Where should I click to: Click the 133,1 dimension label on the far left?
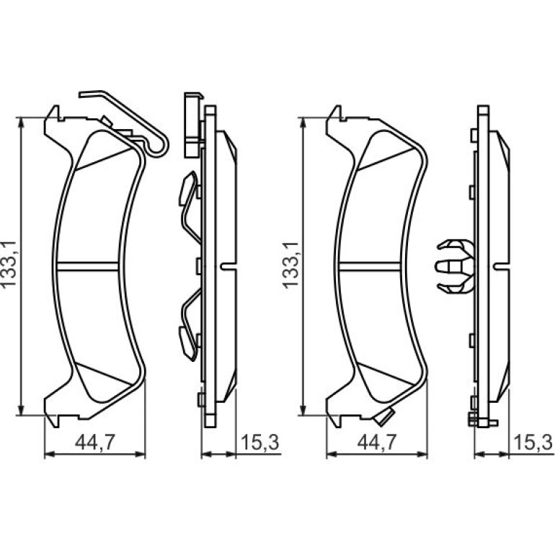point(9,264)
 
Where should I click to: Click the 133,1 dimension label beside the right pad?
point(291,265)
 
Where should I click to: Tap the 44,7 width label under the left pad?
point(95,442)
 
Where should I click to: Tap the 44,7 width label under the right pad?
point(377,442)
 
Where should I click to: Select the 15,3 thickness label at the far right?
point(533,442)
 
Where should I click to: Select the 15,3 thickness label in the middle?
point(259,442)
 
